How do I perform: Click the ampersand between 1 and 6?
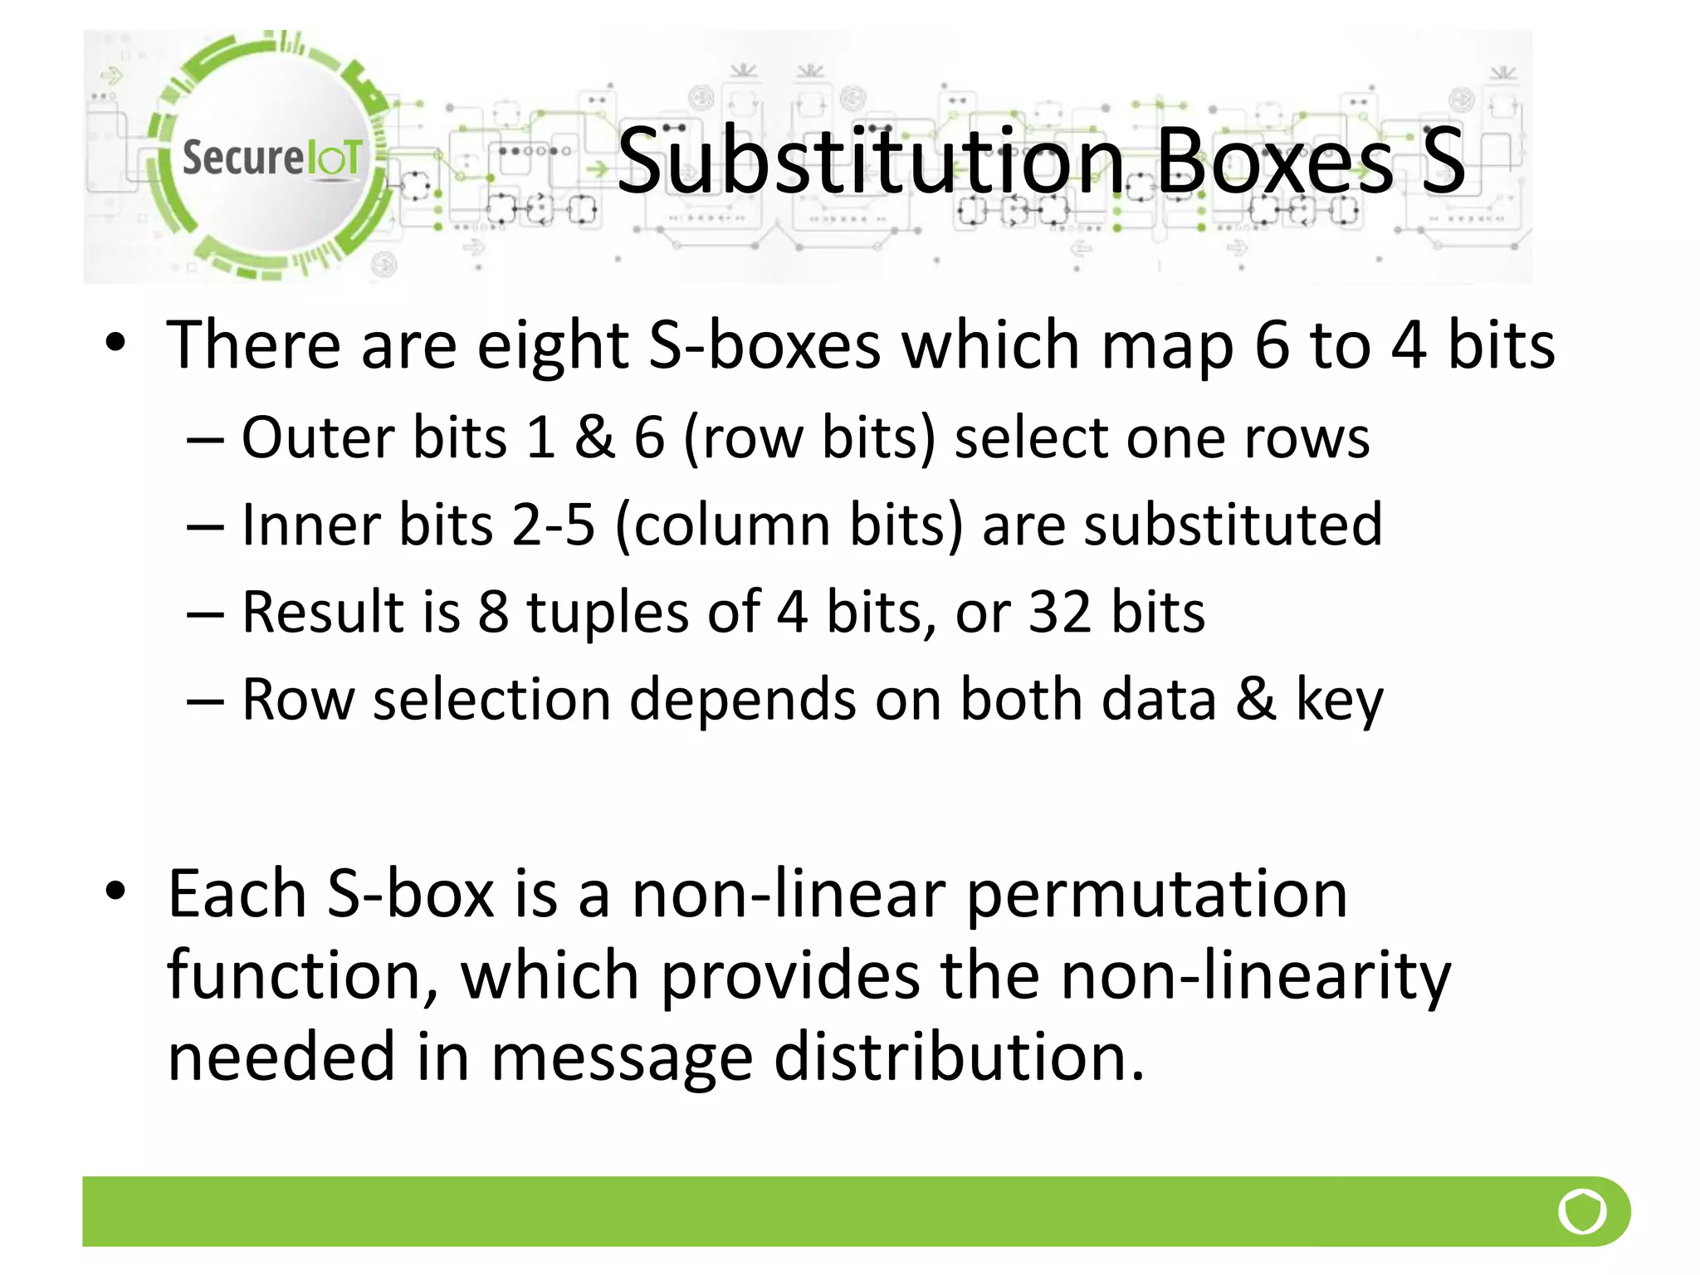594,437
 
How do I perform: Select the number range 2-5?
554,525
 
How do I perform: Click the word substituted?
1233,525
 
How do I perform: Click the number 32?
1059,612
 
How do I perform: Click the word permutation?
1157,895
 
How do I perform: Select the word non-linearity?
1256,975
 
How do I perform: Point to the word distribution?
959,1056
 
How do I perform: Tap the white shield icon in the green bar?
1582,1212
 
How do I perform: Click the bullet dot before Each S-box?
115,892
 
